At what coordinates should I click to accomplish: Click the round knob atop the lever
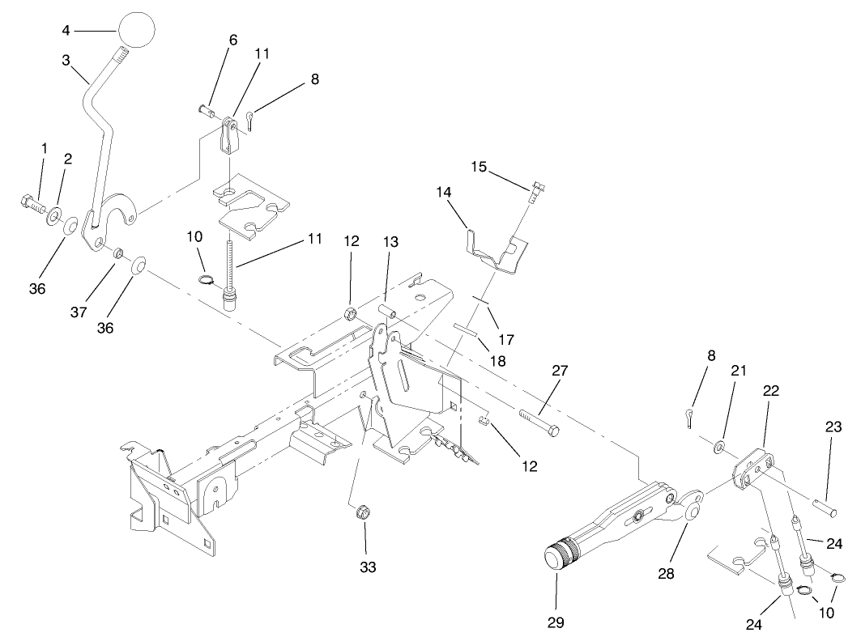137,30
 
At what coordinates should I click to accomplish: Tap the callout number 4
66,31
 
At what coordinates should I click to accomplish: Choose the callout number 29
556,622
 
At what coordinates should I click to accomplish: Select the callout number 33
368,568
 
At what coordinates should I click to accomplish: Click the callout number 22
769,390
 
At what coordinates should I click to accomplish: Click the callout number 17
506,340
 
